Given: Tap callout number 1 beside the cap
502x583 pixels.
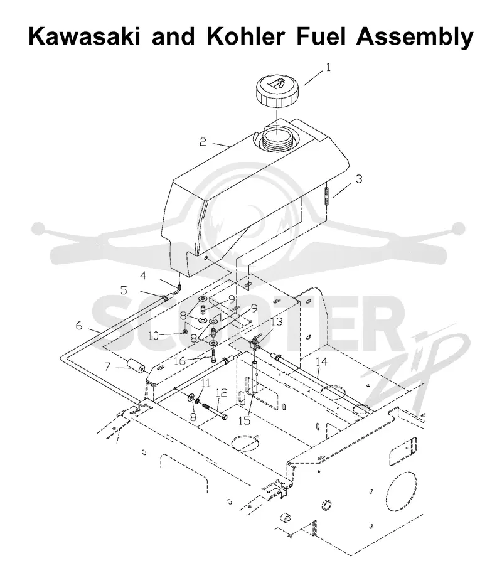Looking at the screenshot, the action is pyautogui.click(x=328, y=67).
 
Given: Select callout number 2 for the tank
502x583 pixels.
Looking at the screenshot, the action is pyautogui.click(x=203, y=142).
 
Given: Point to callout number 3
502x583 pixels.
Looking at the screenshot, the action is pyautogui.click(x=358, y=179).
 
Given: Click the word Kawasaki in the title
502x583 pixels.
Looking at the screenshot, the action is pyautogui.click(x=85, y=36).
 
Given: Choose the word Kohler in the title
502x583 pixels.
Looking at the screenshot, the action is pyautogui.click(x=245, y=36).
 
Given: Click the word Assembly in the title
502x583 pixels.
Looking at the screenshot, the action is pyautogui.click(x=415, y=37).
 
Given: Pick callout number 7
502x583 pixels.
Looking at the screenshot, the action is pyautogui.click(x=107, y=367).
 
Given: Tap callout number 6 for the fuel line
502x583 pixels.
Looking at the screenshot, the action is pyautogui.click(x=79, y=326).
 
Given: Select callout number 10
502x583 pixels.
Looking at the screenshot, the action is pyautogui.click(x=153, y=336).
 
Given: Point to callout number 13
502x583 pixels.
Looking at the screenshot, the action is pyautogui.click(x=277, y=321).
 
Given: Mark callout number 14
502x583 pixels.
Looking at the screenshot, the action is pyautogui.click(x=321, y=361).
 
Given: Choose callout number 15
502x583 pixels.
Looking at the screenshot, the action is pyautogui.click(x=244, y=420).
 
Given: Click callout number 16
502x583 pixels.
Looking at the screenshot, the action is pyautogui.click(x=179, y=361).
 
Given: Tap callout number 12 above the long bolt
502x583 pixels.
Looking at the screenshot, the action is pyautogui.click(x=222, y=393).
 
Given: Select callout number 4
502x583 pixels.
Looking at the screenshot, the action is pyautogui.click(x=143, y=275).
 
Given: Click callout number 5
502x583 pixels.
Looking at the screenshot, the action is pyautogui.click(x=124, y=291).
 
